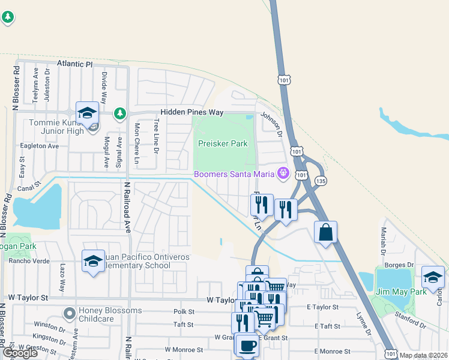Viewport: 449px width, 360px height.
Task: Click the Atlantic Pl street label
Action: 75,63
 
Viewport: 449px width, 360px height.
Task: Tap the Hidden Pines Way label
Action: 191,113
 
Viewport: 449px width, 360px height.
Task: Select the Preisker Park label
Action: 223,144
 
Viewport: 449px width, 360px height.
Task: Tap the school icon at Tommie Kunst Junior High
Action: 87,113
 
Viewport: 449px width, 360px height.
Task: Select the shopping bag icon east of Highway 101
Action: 325,232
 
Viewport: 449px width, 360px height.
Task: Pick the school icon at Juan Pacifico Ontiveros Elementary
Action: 93,261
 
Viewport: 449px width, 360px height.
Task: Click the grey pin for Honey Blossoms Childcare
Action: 70,313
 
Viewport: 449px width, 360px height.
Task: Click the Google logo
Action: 20,353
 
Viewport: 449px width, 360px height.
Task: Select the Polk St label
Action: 184,312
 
